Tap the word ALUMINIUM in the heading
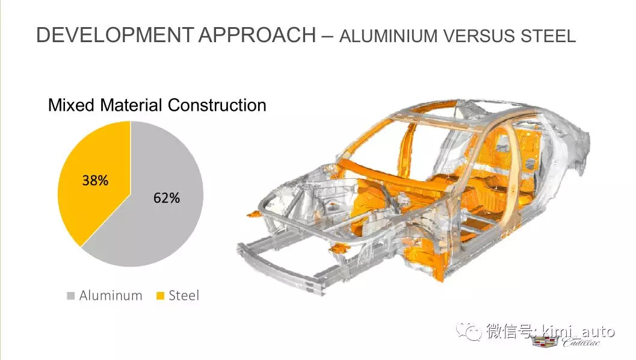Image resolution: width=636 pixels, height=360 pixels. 389,36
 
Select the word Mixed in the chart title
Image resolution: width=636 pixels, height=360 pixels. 72,105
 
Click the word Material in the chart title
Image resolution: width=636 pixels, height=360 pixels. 131,105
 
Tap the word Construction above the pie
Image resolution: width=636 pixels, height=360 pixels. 217,105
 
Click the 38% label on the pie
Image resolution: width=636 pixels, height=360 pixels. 95,180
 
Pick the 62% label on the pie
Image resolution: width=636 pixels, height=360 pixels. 167,197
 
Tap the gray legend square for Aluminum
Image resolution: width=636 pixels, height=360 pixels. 70,296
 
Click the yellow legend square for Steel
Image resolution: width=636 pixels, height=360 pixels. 160,296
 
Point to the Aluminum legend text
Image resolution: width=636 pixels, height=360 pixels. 111,296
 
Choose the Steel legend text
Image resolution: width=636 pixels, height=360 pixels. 184,296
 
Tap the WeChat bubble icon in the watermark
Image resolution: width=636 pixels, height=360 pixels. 469,331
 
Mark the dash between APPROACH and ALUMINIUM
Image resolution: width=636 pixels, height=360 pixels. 327,37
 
